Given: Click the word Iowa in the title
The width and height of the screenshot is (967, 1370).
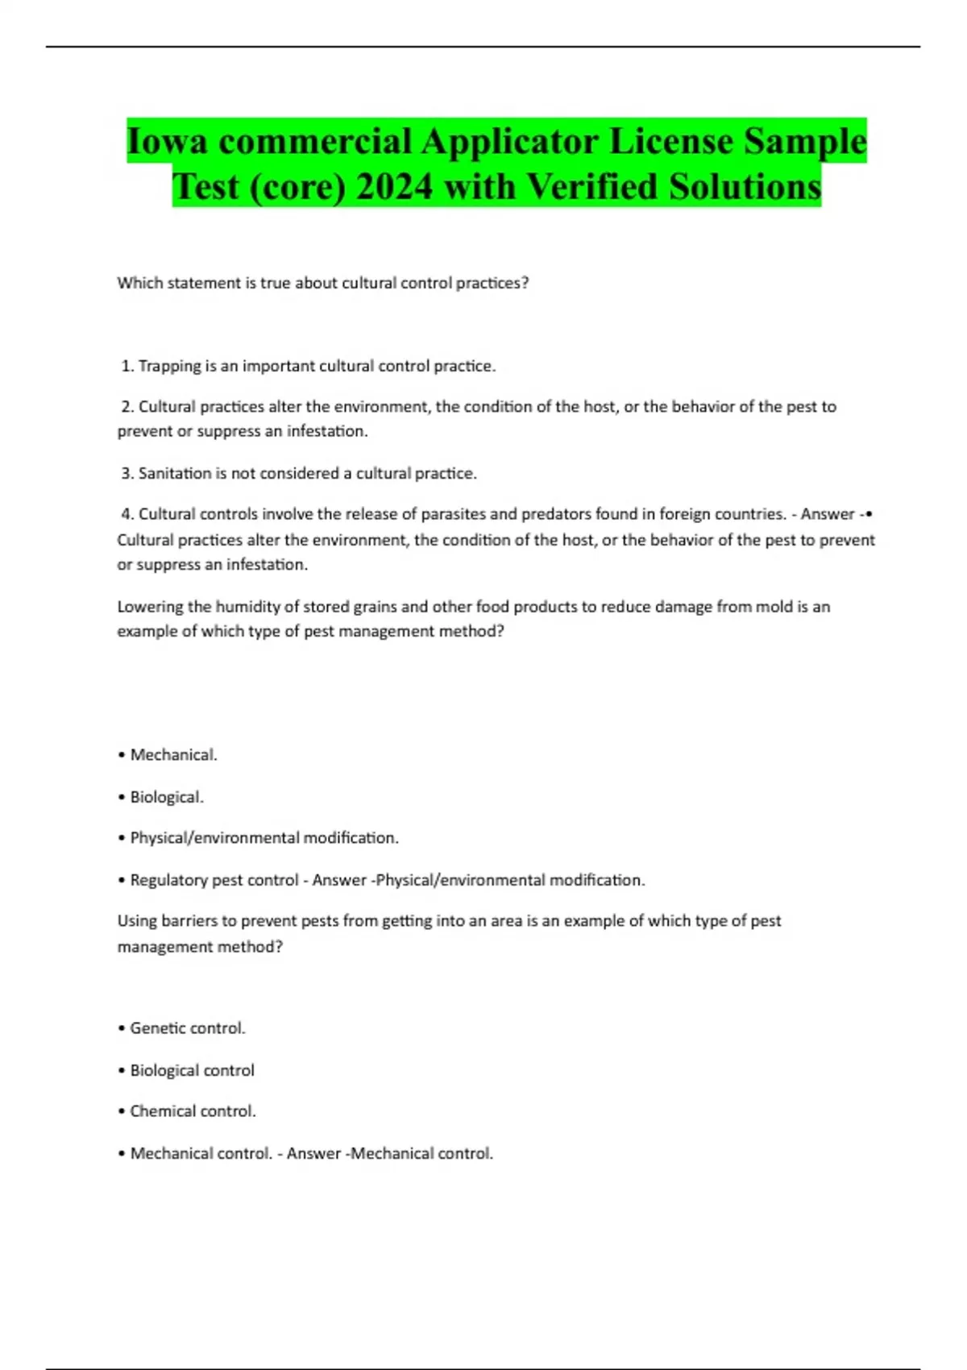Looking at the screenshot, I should click(x=167, y=142).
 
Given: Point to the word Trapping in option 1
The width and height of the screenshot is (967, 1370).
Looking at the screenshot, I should click(x=169, y=367).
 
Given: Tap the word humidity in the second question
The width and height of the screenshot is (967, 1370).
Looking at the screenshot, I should click(x=247, y=607).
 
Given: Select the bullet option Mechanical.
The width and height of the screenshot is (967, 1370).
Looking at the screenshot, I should click(x=173, y=755).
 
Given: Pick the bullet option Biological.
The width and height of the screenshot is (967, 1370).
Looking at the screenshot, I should click(x=167, y=797).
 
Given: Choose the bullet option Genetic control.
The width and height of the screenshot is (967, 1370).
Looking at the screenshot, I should click(x=187, y=1028).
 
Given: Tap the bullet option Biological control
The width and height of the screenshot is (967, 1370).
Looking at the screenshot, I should click(x=192, y=1070).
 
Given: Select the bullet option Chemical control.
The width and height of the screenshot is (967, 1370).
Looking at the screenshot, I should click(x=193, y=1111).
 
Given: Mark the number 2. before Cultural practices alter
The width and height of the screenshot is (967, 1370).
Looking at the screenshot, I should click(x=127, y=407).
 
